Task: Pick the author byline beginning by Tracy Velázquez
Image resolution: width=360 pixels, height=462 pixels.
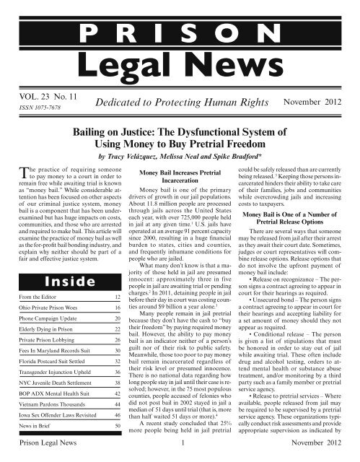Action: (x=180, y=158)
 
